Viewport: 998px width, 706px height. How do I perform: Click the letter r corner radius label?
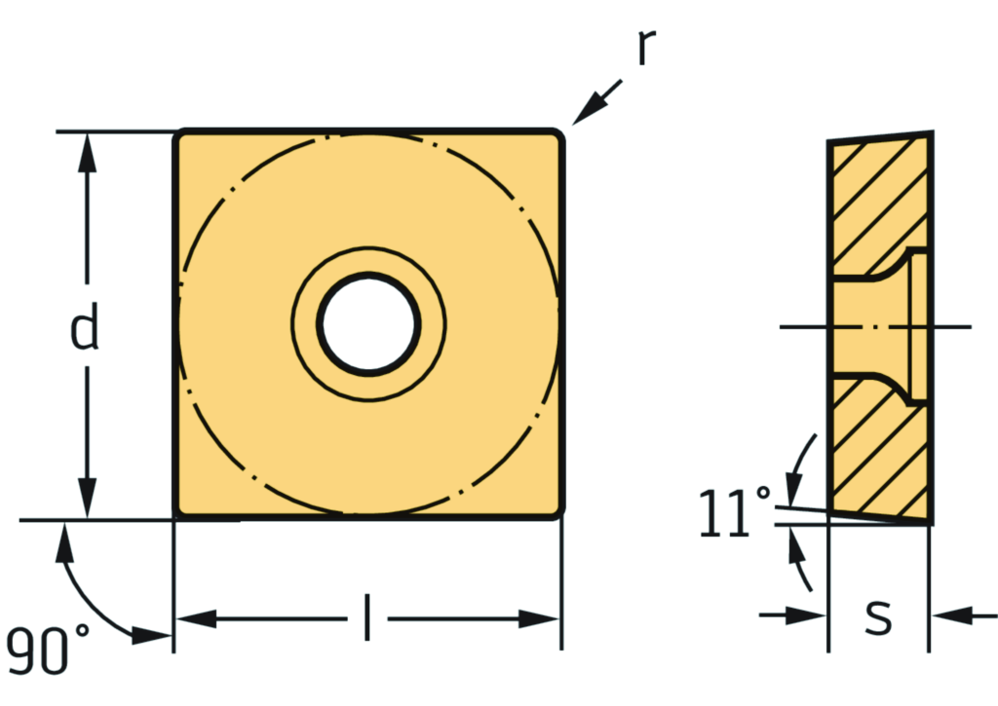coord(647,47)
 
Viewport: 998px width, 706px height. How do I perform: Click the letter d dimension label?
coord(84,325)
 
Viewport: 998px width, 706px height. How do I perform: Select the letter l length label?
coord(366,617)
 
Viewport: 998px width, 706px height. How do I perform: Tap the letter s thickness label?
coord(878,617)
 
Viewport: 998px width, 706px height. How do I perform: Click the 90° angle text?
coord(47,649)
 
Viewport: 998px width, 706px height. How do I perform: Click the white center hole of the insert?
coord(368,323)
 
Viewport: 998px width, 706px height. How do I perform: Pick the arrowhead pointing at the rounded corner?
coord(589,109)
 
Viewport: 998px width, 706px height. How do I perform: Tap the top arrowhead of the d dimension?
coord(87,153)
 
